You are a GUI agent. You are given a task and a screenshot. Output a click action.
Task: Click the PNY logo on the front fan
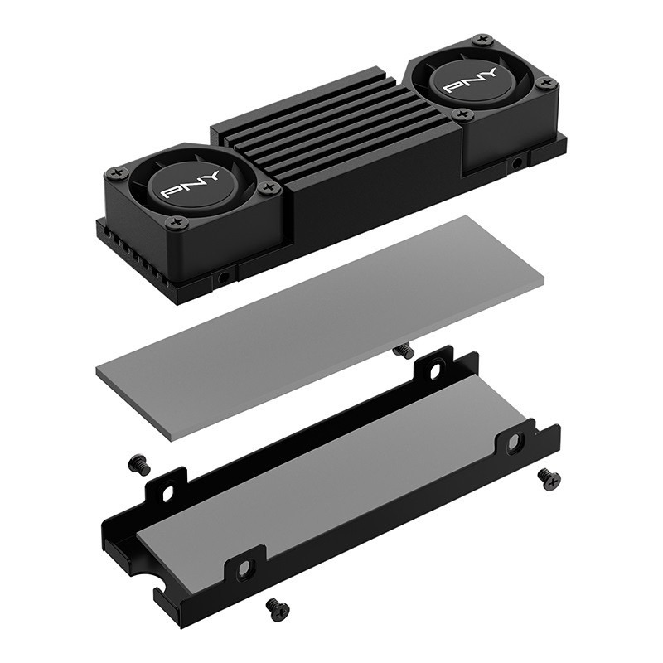(191, 185)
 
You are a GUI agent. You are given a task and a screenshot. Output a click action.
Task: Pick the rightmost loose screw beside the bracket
(549, 480)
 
